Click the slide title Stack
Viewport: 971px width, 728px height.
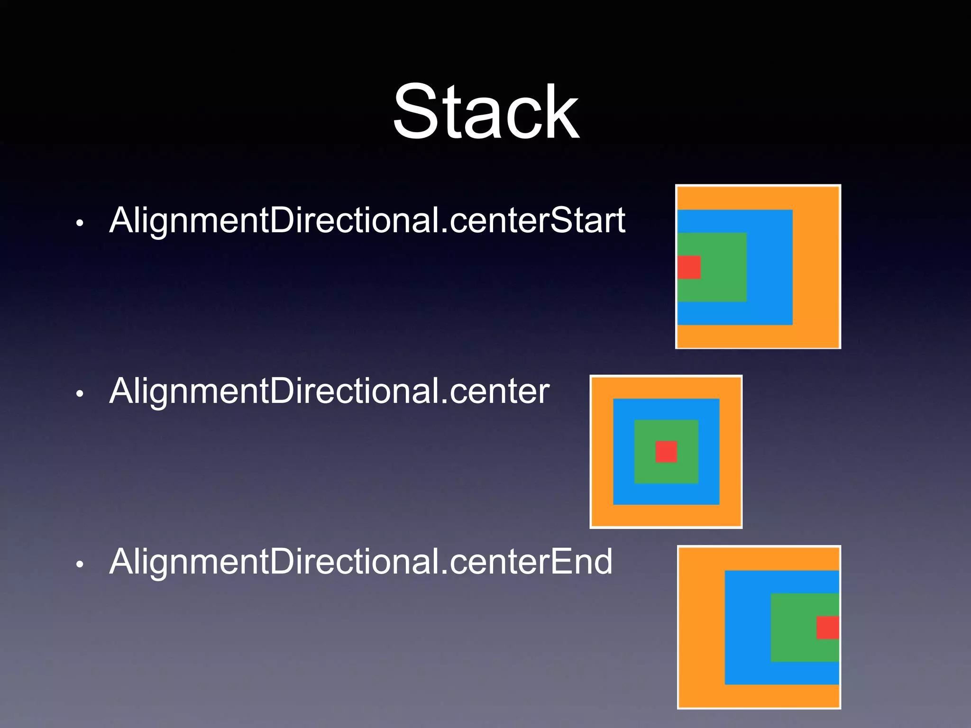click(x=485, y=112)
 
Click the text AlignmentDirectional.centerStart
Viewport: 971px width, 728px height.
click(x=367, y=220)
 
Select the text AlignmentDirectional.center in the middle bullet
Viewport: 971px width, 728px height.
click(x=329, y=391)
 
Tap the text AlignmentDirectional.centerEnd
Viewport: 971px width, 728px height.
click(x=360, y=562)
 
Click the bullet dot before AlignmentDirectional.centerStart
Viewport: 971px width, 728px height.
click(x=80, y=223)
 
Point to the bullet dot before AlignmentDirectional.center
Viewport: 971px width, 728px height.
click(x=80, y=393)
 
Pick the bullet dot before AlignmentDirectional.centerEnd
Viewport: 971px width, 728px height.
click(x=80, y=564)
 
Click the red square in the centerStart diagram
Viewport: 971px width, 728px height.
click(x=689, y=267)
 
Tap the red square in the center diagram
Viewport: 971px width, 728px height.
click(x=666, y=452)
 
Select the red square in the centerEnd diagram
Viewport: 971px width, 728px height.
click(x=828, y=628)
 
